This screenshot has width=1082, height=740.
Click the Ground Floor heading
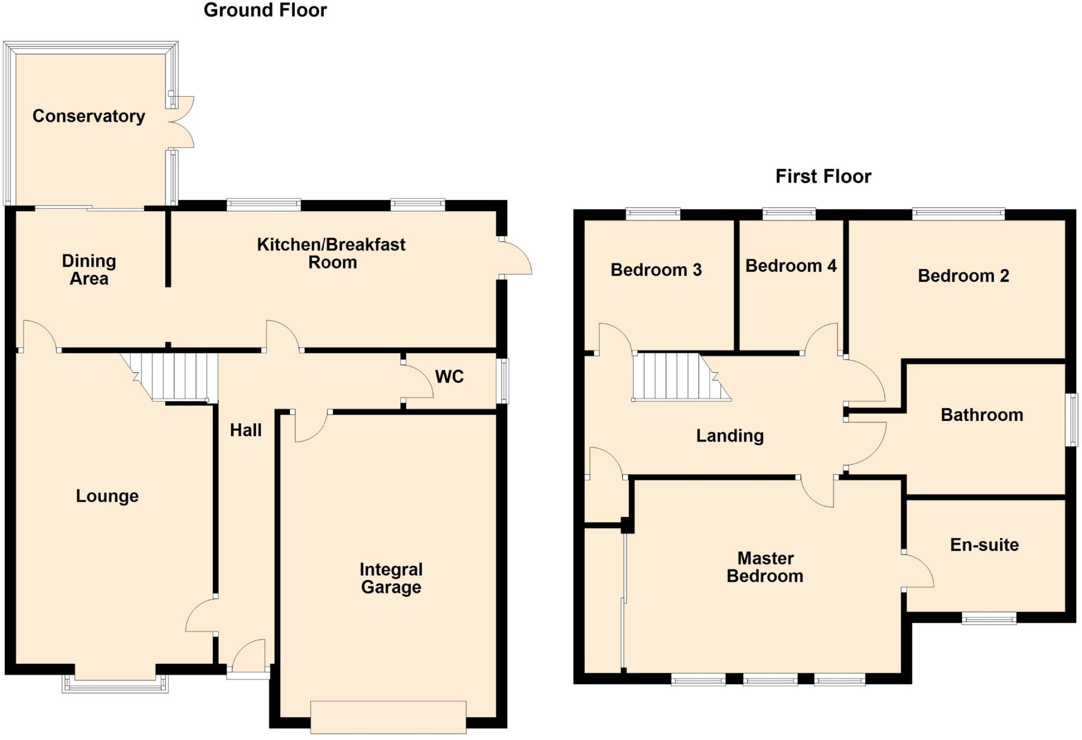265,10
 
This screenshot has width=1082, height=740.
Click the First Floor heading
823,176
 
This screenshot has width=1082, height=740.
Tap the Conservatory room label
89,116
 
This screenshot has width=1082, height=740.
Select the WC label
449,377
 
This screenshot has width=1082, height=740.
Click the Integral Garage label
391,578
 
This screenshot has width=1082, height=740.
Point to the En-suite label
984,545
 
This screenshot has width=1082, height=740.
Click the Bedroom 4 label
790,266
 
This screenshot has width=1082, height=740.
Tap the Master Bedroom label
765,567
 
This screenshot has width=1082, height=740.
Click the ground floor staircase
174,376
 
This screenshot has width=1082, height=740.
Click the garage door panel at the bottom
388,717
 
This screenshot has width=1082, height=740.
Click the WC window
505,381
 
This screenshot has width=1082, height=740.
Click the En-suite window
988,618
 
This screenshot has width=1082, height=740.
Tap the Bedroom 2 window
958,213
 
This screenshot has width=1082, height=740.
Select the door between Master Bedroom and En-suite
918,570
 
